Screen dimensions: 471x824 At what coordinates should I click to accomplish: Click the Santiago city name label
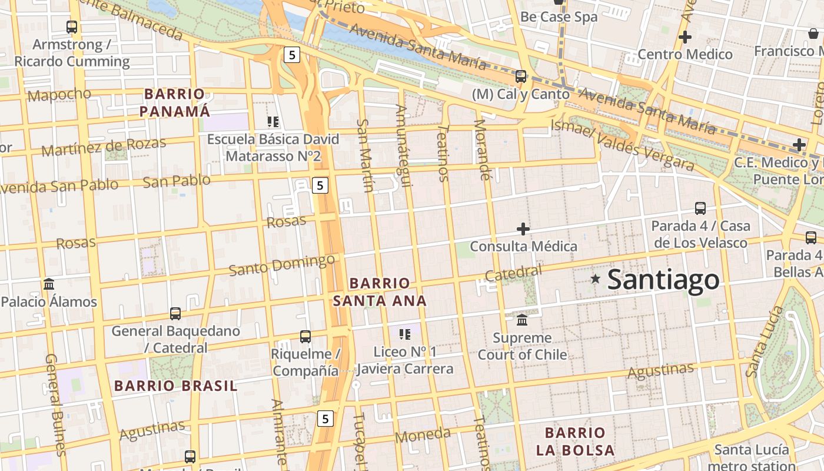[663, 280]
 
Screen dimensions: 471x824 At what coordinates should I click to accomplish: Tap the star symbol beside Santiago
[596, 278]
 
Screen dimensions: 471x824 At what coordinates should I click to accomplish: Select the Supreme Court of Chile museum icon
[522, 320]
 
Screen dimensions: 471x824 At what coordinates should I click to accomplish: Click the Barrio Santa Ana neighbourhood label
[380, 292]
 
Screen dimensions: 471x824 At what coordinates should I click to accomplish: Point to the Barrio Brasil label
[175, 386]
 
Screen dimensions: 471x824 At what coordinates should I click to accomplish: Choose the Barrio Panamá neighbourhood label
[175, 102]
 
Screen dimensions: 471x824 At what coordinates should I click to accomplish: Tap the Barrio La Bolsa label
[575, 442]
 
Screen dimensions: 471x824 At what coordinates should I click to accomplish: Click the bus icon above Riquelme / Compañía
[305, 337]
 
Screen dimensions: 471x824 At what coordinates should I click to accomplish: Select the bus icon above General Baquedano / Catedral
[175, 313]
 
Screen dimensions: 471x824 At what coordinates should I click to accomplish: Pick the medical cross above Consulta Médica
[523, 228]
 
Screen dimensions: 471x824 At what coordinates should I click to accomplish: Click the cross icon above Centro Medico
[685, 37]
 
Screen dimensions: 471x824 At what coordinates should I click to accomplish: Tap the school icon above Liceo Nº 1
[405, 334]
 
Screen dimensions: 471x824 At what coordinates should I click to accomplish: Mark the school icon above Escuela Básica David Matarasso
[273, 122]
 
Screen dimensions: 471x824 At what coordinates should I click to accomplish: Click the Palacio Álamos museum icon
[49, 284]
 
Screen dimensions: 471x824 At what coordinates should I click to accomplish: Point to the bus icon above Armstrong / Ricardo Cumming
[72, 26]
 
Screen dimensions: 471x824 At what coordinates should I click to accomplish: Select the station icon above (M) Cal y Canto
[521, 76]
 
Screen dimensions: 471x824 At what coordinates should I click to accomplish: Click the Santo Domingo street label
[282, 265]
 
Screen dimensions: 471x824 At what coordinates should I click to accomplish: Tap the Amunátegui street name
[403, 145]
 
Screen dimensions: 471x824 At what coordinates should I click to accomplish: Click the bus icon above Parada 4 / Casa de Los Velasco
[700, 208]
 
